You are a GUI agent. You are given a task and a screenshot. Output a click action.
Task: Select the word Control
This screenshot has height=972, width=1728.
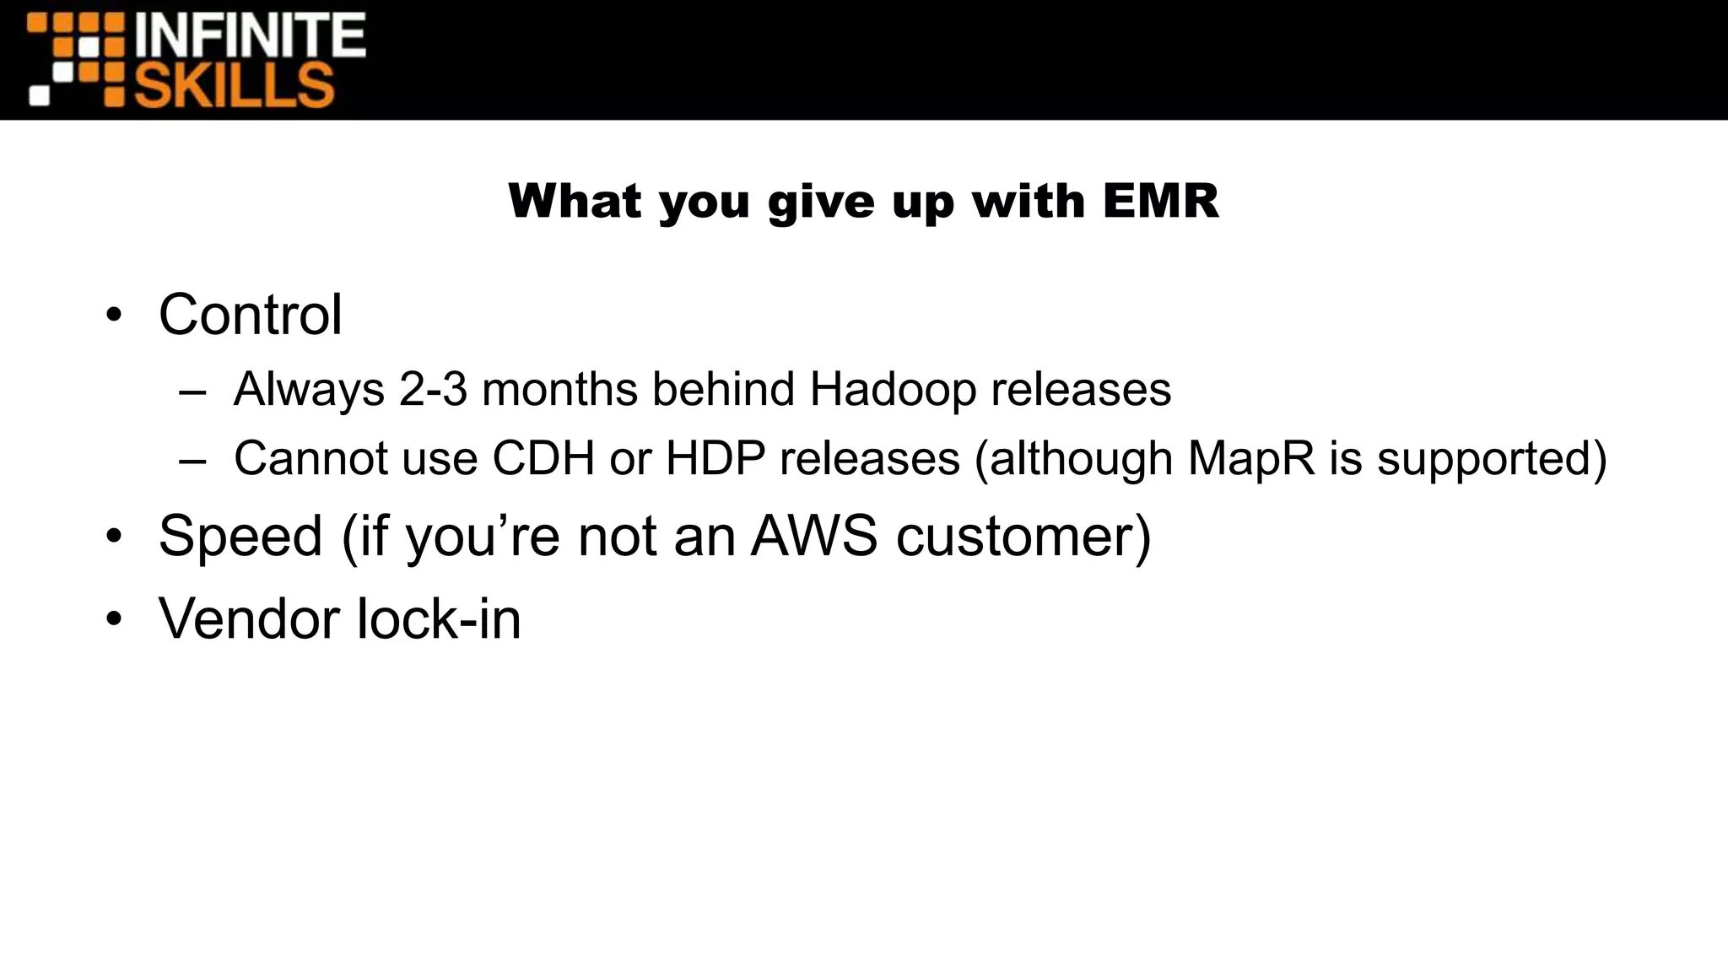251,315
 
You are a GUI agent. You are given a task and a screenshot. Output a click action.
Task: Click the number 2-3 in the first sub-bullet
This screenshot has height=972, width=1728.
433,390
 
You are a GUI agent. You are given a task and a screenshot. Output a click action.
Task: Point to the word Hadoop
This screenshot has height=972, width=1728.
892,390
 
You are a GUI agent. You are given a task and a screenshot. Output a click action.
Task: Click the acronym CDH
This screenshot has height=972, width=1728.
543,459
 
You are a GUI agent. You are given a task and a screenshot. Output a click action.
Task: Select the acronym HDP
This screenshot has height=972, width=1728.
715,459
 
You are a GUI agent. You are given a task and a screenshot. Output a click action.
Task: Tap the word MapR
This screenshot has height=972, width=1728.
1251,459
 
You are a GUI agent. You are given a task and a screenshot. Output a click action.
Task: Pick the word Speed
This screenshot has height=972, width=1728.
240,537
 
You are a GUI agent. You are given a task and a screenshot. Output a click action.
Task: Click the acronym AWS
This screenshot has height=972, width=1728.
813,537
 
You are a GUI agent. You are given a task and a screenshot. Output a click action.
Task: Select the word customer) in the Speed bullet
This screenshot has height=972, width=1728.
1023,537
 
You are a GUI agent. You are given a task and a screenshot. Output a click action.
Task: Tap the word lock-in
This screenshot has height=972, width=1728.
439,619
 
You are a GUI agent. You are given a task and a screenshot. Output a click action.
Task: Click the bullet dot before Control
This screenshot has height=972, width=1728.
114,317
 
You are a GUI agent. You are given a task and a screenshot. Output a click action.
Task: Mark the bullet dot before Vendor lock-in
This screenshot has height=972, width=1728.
114,621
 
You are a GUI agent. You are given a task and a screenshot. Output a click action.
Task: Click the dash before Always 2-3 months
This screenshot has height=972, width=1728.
192,393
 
